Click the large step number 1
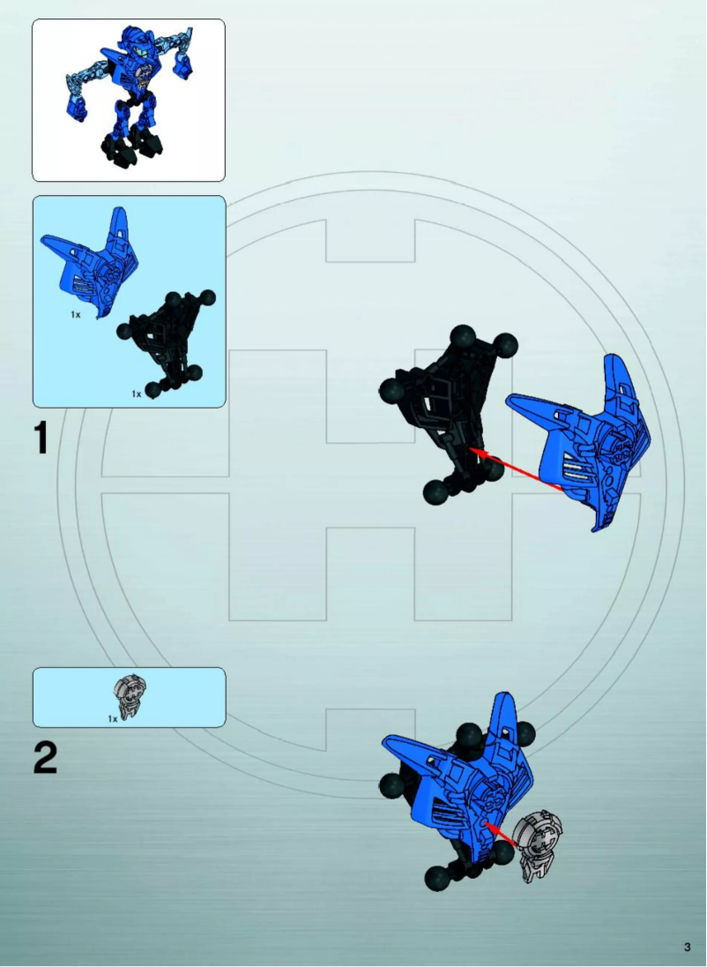click(41, 439)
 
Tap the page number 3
click(687, 947)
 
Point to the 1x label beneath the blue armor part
click(77, 314)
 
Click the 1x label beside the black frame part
click(137, 394)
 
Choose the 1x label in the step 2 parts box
click(113, 719)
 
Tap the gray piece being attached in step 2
click(538, 843)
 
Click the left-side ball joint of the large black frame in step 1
click(392, 391)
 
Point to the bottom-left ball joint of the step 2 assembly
click(436, 878)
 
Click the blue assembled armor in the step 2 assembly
click(463, 781)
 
